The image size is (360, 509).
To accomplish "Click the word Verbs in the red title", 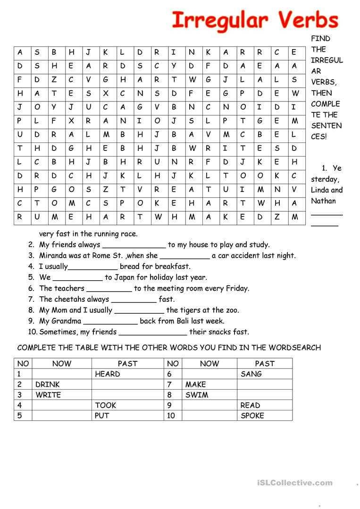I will (308, 21).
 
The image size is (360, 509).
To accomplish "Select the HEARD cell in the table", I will (108, 374).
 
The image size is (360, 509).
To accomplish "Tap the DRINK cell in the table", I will (48, 384).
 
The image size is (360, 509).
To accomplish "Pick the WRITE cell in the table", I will (48, 395).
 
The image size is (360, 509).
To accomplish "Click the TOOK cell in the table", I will (106, 405).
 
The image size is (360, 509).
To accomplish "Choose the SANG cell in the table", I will (251, 374).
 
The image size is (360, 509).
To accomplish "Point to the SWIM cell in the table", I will (196, 395).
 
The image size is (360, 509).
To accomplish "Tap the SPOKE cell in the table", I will (252, 416).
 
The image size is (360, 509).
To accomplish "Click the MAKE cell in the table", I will (195, 384).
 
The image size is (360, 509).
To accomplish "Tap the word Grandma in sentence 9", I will (66, 321).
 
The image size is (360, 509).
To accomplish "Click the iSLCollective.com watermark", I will (295, 483).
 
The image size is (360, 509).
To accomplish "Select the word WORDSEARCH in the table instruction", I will (294, 348).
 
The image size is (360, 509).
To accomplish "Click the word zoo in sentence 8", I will (232, 310).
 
